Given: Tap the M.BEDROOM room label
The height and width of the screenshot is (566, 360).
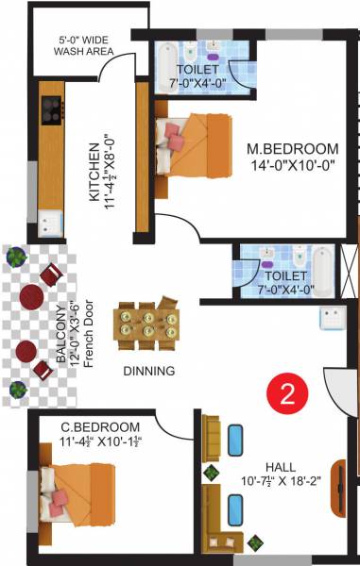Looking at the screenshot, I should (292, 149).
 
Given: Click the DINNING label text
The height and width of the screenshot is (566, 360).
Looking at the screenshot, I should (148, 371).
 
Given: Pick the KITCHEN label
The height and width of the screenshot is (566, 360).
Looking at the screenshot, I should (94, 174).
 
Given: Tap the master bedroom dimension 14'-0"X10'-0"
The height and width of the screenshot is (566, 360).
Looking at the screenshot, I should (292, 166).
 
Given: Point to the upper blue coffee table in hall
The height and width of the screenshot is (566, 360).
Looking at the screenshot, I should (235, 439).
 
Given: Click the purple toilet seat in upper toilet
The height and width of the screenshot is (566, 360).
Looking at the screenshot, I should (213, 44).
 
